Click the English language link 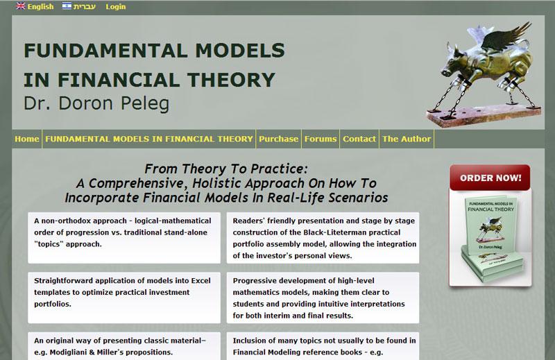point(41,7)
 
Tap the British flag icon point(21,6)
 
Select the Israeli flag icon point(67,6)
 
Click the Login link point(116,7)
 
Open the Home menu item point(27,139)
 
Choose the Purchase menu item point(279,139)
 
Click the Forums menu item point(321,139)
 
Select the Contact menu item point(359,139)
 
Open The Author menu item point(407,139)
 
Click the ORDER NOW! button point(490,178)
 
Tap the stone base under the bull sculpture point(484,115)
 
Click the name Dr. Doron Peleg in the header point(96,103)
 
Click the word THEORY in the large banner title point(231,80)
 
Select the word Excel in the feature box point(200,281)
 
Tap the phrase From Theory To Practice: point(226,169)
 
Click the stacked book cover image point(490,238)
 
